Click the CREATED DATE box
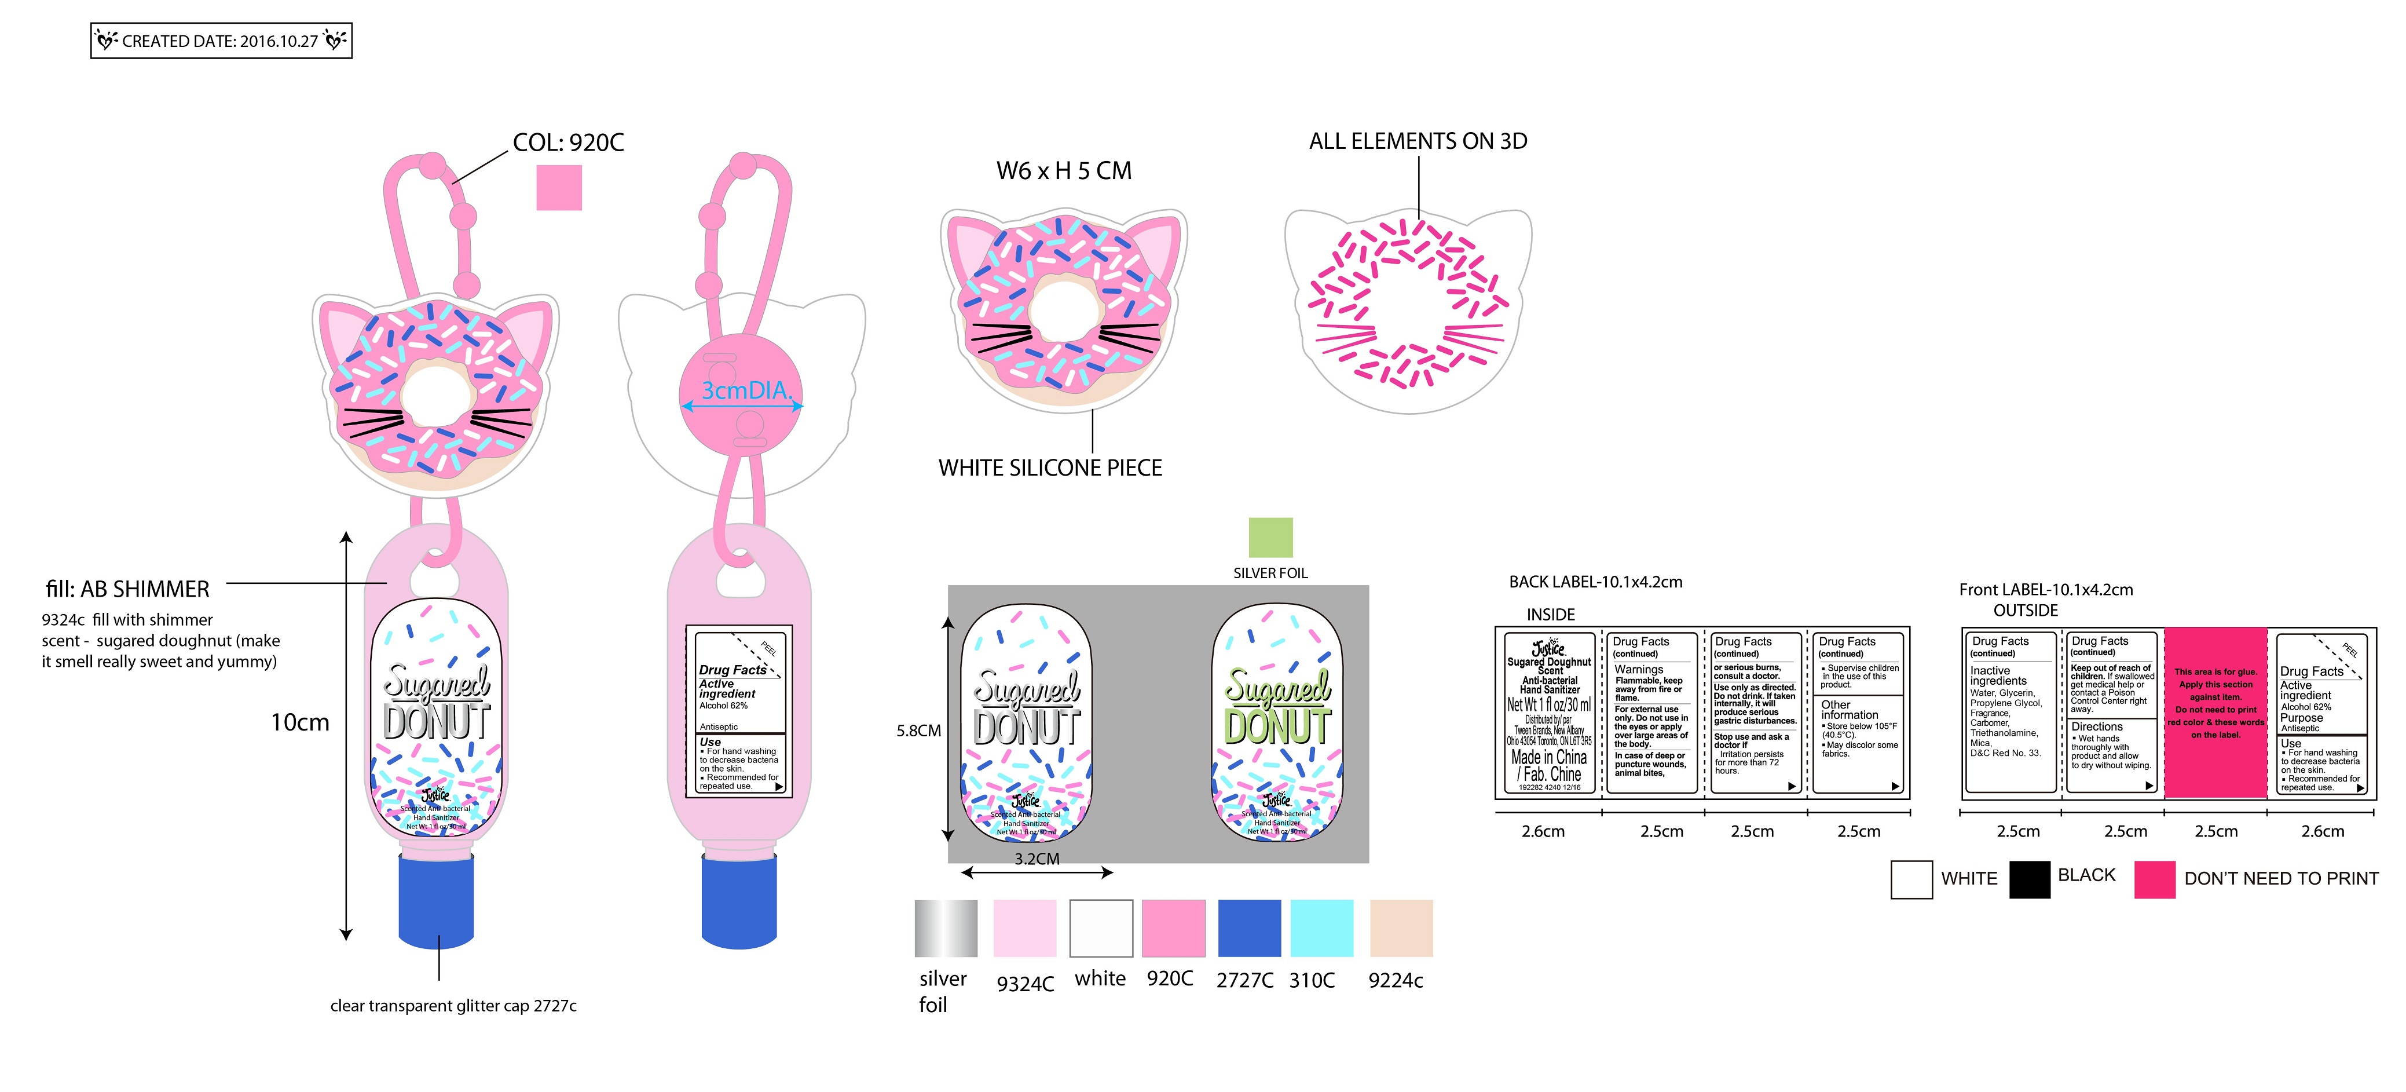coord(221,41)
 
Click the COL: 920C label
coord(568,143)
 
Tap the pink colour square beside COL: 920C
coord(559,188)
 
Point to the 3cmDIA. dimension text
coord(745,390)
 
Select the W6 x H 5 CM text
coord(1063,171)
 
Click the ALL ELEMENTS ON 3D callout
coord(1417,141)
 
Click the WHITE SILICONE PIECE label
coord(1050,468)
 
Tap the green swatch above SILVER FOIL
coord(1270,537)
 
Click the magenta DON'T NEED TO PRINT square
coord(2154,879)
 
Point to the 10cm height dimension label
coord(300,722)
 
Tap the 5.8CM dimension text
coord(918,731)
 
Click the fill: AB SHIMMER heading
coord(128,589)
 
